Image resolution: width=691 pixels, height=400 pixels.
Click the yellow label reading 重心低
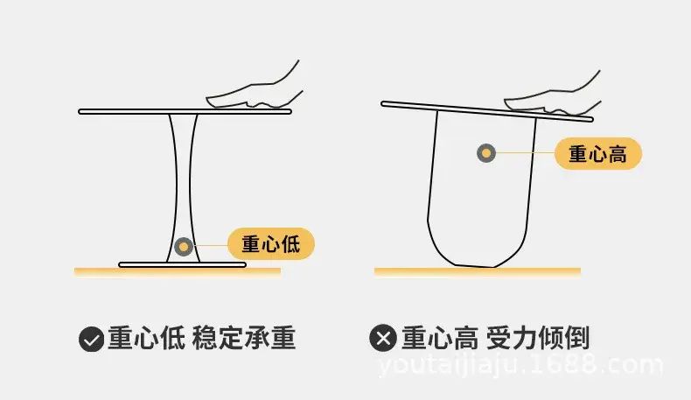coord(271,243)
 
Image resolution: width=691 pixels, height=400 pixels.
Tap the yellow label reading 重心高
coord(598,153)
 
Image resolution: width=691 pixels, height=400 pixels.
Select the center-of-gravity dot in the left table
coord(184,247)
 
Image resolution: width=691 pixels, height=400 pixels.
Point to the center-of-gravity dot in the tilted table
coord(486,153)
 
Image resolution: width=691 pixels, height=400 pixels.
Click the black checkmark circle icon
coord(91,339)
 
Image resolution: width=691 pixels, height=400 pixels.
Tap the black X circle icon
coord(383,338)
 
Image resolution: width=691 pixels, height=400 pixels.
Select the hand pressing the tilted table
coord(552,94)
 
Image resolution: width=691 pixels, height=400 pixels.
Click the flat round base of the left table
coord(183,264)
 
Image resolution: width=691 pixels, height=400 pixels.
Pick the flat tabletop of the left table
coord(185,111)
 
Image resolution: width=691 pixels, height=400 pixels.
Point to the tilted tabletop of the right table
coord(487,111)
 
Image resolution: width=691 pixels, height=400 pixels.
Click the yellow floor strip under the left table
coord(178,272)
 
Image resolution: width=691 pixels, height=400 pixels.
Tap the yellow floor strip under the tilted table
coord(478,271)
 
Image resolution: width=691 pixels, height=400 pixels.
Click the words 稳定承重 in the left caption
coord(244,338)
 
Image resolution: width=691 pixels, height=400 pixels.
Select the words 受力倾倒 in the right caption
coord(538,338)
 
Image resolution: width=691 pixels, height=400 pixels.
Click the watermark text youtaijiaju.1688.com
coord(520,367)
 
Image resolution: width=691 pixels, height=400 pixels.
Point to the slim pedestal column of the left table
coord(184,188)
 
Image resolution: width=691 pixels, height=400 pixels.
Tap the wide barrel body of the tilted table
coord(482,189)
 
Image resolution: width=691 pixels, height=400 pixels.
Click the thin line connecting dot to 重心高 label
coord(526,153)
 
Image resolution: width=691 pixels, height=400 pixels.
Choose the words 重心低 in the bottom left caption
coord(146,338)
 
